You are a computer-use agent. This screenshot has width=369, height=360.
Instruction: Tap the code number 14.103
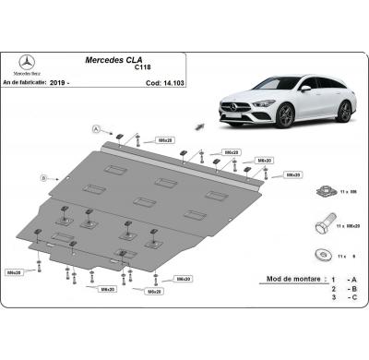pyautogui.click(x=165, y=82)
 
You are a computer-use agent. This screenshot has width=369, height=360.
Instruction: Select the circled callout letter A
pyautogui.click(x=95, y=128)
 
